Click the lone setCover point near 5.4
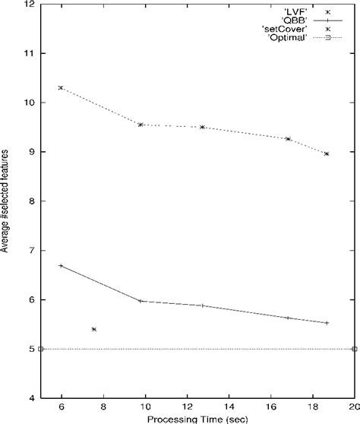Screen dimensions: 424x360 coord(93,329)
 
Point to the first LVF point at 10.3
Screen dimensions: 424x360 coord(61,87)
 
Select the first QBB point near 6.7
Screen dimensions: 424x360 coord(61,265)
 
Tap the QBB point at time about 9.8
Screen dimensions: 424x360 coord(141,301)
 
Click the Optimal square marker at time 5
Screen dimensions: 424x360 coord(40,349)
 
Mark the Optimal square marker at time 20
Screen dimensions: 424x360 coord(355,349)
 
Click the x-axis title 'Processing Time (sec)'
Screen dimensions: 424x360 coord(197,418)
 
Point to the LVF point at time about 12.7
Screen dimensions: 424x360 coord(202,127)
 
